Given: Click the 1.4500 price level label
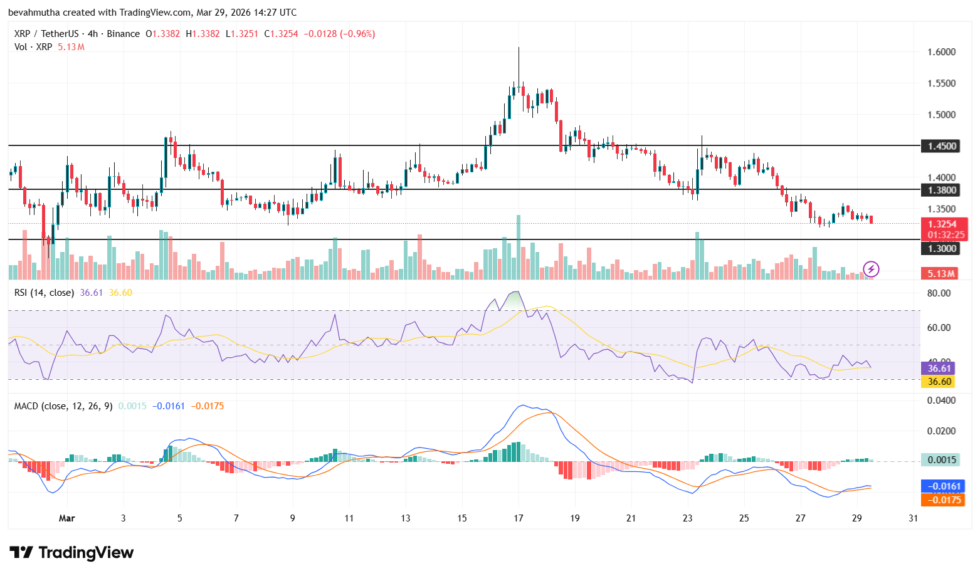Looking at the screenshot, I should click(x=942, y=146).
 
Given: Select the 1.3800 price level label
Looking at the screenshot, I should click(x=942, y=190).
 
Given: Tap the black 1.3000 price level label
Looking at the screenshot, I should click(x=942, y=248).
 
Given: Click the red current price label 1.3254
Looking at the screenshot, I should click(x=942, y=224).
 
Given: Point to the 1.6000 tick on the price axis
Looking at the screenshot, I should click(x=941, y=52).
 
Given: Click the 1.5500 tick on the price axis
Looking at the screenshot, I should click(x=941, y=83).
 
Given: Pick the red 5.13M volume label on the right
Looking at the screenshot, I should click(x=941, y=273).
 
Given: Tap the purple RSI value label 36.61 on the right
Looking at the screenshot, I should click(x=939, y=369).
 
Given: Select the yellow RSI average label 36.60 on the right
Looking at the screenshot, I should click(x=939, y=381).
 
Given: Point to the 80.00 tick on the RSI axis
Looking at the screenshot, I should click(x=939, y=293).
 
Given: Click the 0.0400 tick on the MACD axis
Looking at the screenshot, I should click(x=941, y=400).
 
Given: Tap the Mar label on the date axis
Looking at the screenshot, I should click(x=66, y=518).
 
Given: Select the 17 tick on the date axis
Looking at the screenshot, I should click(x=519, y=518).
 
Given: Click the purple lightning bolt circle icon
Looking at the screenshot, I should click(x=871, y=270).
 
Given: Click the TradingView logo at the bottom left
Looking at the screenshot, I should click(x=71, y=552).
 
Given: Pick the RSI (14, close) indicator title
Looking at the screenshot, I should click(x=44, y=293).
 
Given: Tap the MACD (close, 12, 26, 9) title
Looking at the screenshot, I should click(x=63, y=406).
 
